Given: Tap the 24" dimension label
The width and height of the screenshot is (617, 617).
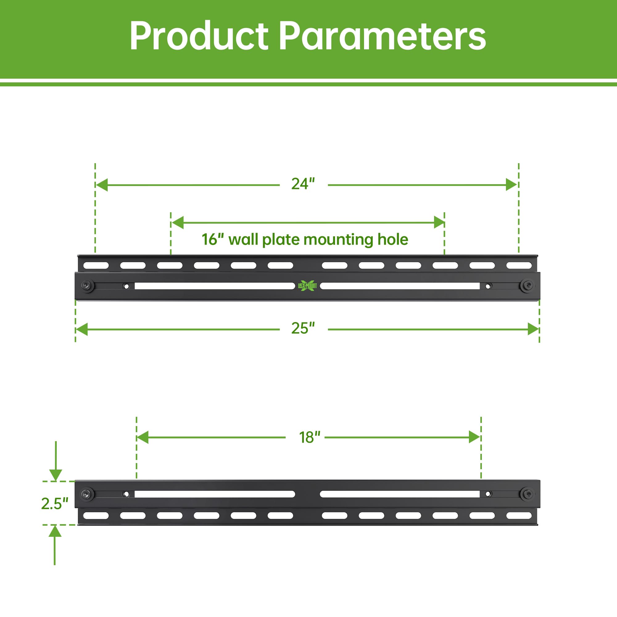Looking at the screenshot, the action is [303, 184].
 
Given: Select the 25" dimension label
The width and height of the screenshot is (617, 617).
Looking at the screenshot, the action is [303, 328].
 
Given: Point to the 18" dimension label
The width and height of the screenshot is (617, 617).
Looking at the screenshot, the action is [309, 437].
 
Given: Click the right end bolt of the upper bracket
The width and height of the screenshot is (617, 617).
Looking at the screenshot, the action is [526, 285].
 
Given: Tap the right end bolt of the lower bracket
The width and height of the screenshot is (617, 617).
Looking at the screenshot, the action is [526, 494].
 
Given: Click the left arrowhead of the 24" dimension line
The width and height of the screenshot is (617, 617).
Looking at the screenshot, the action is [101, 185].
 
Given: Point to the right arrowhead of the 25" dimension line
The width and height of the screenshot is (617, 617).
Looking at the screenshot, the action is [533, 329].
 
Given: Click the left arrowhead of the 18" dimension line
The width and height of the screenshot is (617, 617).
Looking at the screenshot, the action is [143, 437].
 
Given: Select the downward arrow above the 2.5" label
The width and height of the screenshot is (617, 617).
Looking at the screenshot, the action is [56, 461].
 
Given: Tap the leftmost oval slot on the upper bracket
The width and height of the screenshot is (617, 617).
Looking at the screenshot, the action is [96, 265].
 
